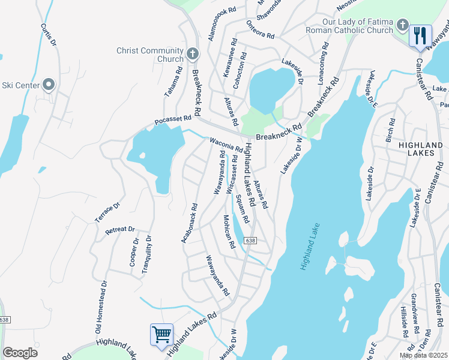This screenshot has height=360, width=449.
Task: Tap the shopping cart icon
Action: coord(161,334)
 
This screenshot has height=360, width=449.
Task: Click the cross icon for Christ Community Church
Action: coord(193,55)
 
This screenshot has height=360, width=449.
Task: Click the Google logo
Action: coord(20,352)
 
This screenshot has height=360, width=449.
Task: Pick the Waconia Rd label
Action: coord(226,145)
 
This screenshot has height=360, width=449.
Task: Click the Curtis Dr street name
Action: coord(48,35)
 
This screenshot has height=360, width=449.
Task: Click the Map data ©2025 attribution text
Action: coord(424,355)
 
